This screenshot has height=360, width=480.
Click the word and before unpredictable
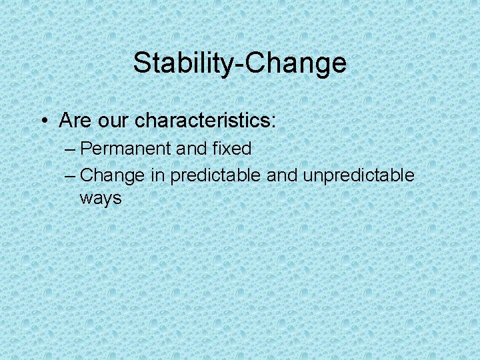click(281, 175)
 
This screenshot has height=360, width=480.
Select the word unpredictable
click(358, 176)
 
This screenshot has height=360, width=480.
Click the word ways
click(101, 198)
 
